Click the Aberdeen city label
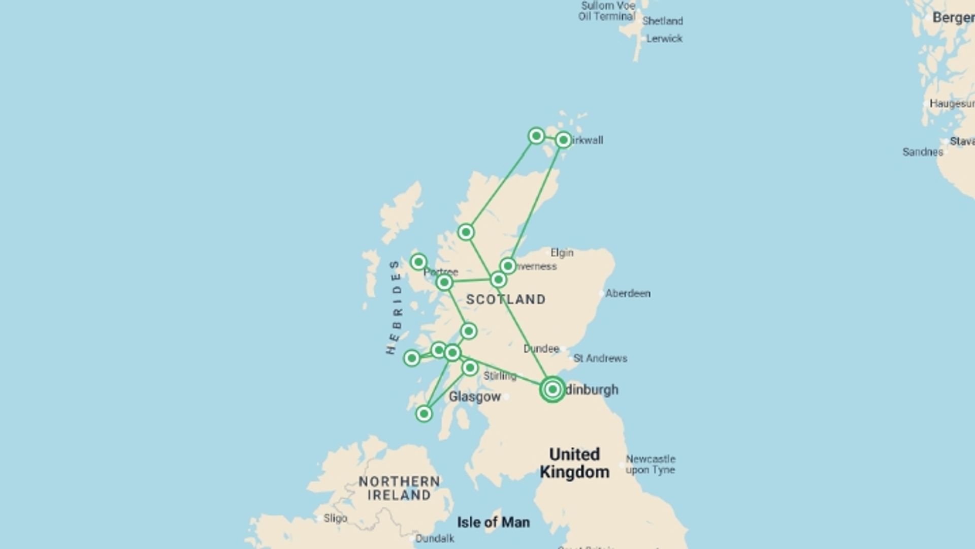pos(628,293)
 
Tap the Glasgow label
pos(475,396)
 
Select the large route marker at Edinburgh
pos(552,389)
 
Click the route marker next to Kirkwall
pos(563,140)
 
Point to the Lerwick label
pos(664,39)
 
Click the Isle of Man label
pos(493,522)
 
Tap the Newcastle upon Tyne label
pos(650,465)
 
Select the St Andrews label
pos(600,358)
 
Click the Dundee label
pos(541,349)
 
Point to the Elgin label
pos(562,253)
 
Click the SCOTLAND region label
pos(506,299)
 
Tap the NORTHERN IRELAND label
pos(399,488)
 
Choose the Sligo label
pos(335,518)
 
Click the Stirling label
pos(500,376)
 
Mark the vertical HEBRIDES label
pos(394,308)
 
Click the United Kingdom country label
pos(574,463)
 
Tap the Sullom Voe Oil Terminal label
pos(607,11)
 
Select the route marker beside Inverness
pos(508,266)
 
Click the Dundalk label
pos(435,538)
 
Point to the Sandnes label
pos(922,152)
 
